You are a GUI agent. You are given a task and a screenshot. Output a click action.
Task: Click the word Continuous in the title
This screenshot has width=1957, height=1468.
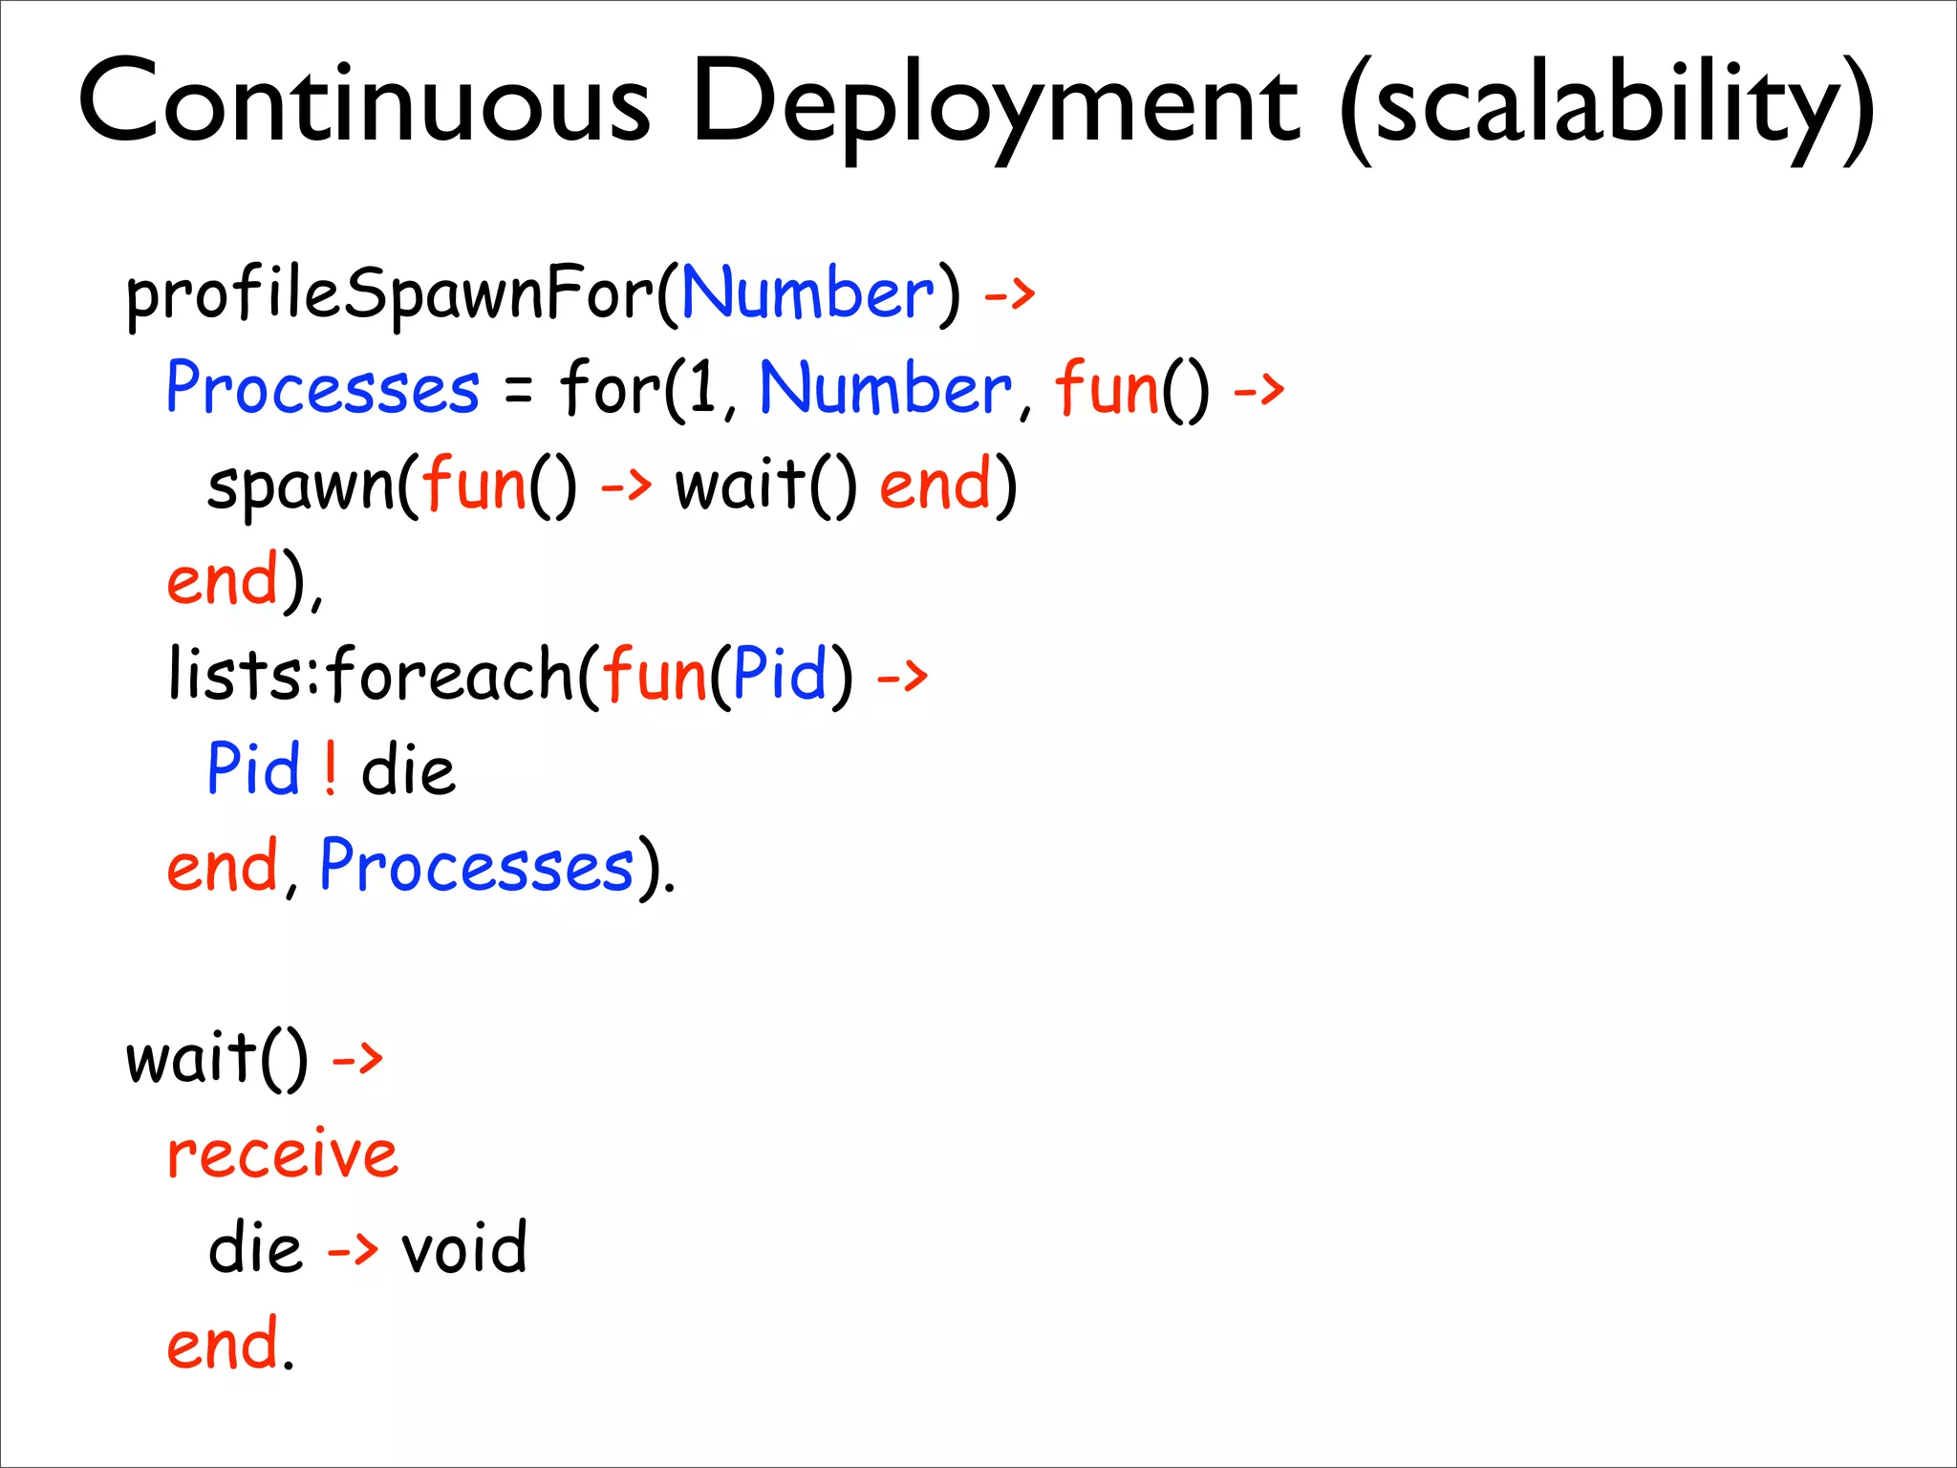[363, 101]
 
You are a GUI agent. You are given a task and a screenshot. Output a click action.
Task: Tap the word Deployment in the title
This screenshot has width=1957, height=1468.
[994, 105]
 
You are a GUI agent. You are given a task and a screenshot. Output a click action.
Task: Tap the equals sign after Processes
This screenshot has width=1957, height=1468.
[517, 391]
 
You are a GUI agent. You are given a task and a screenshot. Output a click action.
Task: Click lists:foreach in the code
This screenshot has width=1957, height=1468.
[372, 674]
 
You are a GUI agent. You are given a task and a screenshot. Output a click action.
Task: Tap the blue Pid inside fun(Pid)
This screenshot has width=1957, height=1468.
[779, 674]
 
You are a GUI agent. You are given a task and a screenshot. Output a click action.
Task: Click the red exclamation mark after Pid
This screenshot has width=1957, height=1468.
[330, 769]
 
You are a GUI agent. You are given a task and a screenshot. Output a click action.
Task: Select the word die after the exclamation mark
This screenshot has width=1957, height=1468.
[408, 769]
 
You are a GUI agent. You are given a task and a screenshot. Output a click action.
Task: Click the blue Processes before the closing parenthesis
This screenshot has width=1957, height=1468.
[476, 866]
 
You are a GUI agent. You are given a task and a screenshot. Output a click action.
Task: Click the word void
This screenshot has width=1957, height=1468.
[463, 1247]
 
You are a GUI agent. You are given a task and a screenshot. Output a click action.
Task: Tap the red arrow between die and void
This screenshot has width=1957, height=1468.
[353, 1248]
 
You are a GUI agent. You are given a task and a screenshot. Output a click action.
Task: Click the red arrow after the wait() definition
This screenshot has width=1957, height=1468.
[356, 1059]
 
